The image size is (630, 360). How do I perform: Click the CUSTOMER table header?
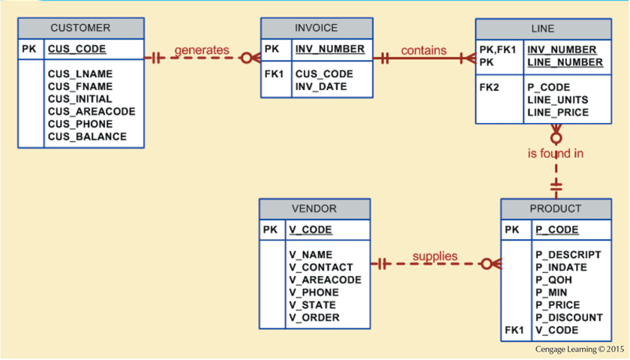click(80, 28)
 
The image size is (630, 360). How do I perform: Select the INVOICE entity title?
click(316, 28)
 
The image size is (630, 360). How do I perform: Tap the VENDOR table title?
click(313, 208)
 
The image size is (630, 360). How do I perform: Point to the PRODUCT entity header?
click(555, 208)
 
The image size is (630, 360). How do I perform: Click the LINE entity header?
click(542, 28)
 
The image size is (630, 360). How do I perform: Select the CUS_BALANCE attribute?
click(87, 136)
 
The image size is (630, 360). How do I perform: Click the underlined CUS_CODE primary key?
click(76, 49)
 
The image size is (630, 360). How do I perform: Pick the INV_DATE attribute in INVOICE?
click(321, 87)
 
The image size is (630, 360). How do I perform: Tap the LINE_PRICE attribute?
click(558, 112)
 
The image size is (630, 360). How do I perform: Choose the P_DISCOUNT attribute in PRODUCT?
click(569, 317)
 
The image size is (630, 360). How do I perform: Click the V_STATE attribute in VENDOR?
click(313, 304)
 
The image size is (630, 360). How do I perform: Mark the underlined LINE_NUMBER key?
click(565, 62)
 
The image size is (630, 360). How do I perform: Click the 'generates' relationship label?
click(202, 50)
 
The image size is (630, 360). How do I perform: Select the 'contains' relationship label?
click(424, 50)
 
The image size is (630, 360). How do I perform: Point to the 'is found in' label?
click(556, 154)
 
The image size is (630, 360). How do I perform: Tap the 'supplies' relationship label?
click(435, 256)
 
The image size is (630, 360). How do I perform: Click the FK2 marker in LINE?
click(490, 87)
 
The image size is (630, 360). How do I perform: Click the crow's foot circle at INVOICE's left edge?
click(246, 58)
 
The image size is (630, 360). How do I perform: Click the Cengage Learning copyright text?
click(579, 349)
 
